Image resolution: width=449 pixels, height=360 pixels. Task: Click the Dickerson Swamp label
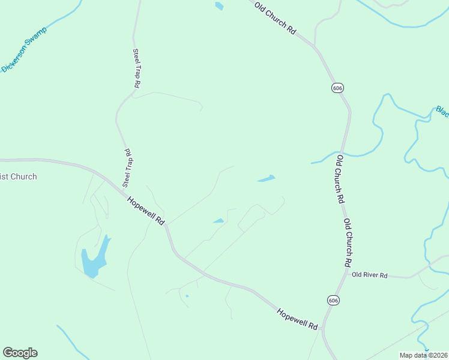[24, 49]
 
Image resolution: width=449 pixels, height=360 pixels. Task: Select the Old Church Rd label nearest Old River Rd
[348, 242]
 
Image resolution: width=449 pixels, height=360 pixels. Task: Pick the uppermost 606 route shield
[337, 88]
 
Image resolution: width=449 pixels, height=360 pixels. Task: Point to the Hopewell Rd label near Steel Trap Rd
[146, 209]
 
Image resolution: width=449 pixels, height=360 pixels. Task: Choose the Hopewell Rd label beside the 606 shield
[297, 318]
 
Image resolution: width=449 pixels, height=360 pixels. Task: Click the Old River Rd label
[370, 275]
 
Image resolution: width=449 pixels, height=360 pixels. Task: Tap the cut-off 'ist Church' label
[19, 176]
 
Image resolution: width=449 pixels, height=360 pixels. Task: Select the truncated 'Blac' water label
[442, 111]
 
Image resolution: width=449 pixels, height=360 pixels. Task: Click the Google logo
[20, 353]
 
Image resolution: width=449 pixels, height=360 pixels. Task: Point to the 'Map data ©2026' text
[423, 355]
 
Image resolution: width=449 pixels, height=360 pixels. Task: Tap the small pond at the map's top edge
[219, 6]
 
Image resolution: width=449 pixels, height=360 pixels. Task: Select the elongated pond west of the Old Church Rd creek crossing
[266, 178]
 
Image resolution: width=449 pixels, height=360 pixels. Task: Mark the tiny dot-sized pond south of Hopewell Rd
[187, 296]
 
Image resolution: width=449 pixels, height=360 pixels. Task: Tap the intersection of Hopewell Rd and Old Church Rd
[322, 328]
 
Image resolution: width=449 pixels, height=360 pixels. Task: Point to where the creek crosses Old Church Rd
[342, 152]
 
